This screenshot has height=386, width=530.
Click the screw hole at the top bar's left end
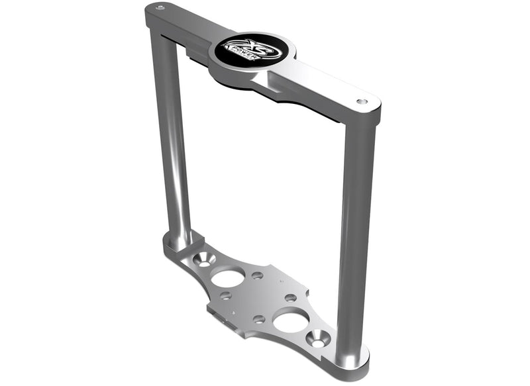point(160,8)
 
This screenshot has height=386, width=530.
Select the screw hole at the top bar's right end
point(362,102)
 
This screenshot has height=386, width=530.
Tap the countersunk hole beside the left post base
point(205,258)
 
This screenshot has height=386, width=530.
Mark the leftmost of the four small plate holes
point(225,296)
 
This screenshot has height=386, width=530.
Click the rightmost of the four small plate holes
point(291,297)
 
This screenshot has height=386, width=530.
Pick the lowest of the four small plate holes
point(258,318)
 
